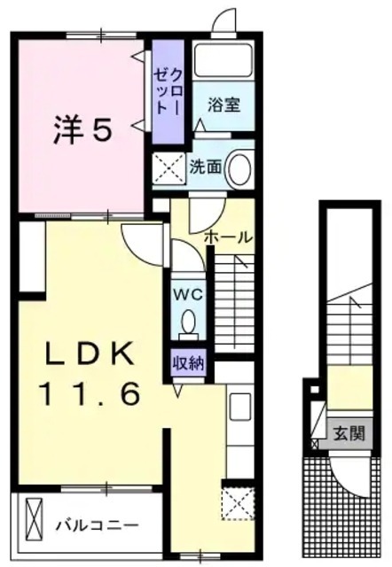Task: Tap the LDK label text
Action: (x=81, y=354)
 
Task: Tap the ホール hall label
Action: (x=228, y=237)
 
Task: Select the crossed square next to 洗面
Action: (x=169, y=168)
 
